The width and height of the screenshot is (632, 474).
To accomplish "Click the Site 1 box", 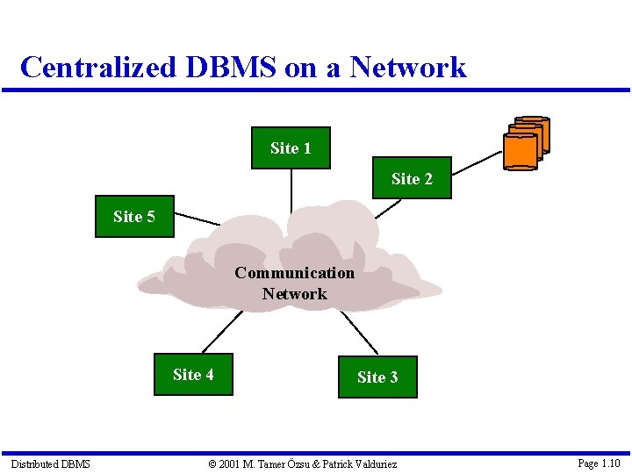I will point(291,148).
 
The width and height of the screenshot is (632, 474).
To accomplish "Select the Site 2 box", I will point(412,178).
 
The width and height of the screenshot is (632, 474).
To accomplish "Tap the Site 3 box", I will point(377,377).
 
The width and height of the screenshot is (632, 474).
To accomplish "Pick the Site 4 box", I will point(193,375).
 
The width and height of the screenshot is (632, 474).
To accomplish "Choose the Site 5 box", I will point(134,216).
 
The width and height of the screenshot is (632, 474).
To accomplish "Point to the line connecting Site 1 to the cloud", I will point(291,189).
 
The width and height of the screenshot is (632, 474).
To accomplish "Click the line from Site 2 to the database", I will point(477,161).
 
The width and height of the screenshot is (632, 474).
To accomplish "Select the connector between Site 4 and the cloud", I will point(221,332).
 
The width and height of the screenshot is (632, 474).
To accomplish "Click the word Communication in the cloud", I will point(294,273).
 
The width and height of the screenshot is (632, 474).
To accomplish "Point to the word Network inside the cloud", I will point(294,294).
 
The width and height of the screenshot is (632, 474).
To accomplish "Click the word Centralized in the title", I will point(98,67).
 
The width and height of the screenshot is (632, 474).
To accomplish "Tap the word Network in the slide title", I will point(408,67).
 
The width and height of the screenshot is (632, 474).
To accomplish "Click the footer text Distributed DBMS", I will point(50,463).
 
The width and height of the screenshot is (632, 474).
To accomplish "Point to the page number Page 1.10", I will point(599,463).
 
